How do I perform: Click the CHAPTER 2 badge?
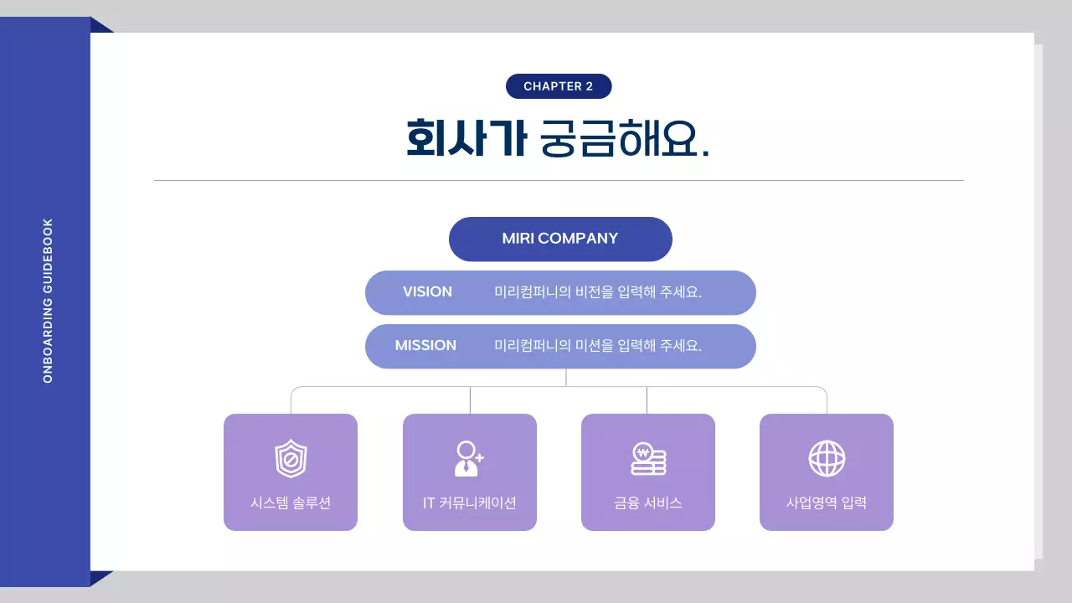pos(559,86)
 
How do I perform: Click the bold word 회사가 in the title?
pos(466,138)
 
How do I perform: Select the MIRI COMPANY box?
pos(560,239)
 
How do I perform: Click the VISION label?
pos(427,292)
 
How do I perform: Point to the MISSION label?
pos(425,345)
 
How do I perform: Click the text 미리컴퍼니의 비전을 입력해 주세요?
pos(598,292)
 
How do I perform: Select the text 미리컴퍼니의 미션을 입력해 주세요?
pos(598,345)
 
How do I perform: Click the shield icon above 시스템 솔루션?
pos(291,459)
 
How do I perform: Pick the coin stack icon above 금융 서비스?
pos(648,459)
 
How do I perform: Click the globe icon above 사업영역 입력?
pos(827,459)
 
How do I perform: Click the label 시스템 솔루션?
pos(291,503)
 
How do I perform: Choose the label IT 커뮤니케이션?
pos(469,503)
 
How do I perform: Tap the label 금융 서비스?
pos(648,503)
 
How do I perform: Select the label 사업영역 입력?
pos(827,503)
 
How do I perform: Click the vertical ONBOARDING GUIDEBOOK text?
pos(48,301)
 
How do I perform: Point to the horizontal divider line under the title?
pos(559,180)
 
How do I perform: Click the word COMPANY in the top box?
pos(578,239)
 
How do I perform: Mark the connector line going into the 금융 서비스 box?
pos(647,400)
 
